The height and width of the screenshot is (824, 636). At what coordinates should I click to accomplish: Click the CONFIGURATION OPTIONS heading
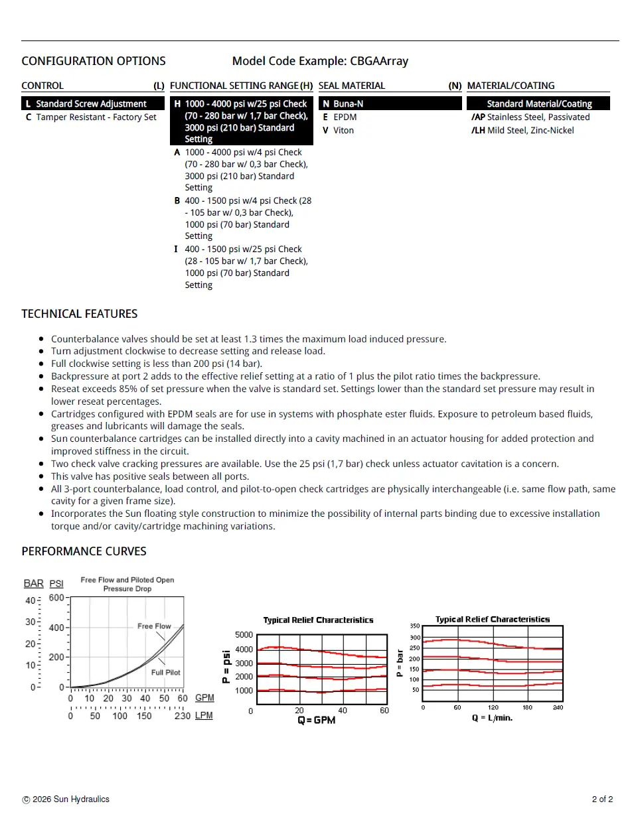coord(94,61)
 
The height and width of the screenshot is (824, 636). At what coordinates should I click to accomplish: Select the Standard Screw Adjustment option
coord(91,104)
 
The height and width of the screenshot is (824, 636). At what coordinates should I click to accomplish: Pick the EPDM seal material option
coord(345,117)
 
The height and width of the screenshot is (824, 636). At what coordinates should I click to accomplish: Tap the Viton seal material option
coord(343,131)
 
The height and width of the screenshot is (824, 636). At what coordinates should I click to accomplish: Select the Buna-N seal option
coord(348,104)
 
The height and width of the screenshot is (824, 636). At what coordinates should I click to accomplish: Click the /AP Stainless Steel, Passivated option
coord(530,117)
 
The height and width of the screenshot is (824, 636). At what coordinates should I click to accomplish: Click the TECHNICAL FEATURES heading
coord(80,314)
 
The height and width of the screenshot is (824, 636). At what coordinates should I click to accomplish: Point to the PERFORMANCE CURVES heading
coord(84,551)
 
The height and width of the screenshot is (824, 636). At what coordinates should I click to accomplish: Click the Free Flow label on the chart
coord(154,626)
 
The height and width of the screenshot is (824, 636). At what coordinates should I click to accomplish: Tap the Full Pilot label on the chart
coord(165,673)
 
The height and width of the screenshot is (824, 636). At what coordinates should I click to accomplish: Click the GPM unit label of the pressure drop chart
coord(204,698)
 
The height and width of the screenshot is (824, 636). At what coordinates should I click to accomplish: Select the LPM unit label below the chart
coord(204,716)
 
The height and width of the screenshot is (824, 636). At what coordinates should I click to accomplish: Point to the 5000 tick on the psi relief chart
coord(244,635)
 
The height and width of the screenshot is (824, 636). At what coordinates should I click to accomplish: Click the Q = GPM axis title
coord(317,721)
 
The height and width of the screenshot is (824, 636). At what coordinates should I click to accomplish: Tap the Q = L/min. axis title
coord(492,718)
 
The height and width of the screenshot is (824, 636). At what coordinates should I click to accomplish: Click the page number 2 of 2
coord(602,799)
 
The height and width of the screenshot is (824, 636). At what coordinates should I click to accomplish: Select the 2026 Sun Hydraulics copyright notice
coord(66,799)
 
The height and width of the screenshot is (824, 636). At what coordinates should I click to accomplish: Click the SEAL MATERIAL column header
coord(352,86)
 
